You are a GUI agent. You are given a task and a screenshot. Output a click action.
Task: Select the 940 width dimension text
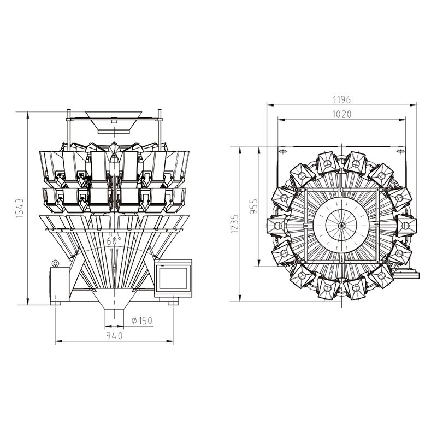[114, 335]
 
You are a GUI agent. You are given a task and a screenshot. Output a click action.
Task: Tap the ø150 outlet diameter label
[141, 320]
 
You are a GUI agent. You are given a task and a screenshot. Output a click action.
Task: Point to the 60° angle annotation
[114, 240]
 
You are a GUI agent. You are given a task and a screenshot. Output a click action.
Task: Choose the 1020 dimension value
[341, 114]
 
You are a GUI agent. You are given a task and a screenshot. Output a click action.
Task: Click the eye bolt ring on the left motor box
[55, 263]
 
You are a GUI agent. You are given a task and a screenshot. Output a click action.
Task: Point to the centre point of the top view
[341, 225]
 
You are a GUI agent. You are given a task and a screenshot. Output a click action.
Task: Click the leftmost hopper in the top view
[275, 225]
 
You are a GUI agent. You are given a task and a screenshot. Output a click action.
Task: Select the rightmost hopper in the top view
[408, 225]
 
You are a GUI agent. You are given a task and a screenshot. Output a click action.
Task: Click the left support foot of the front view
[57, 301]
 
